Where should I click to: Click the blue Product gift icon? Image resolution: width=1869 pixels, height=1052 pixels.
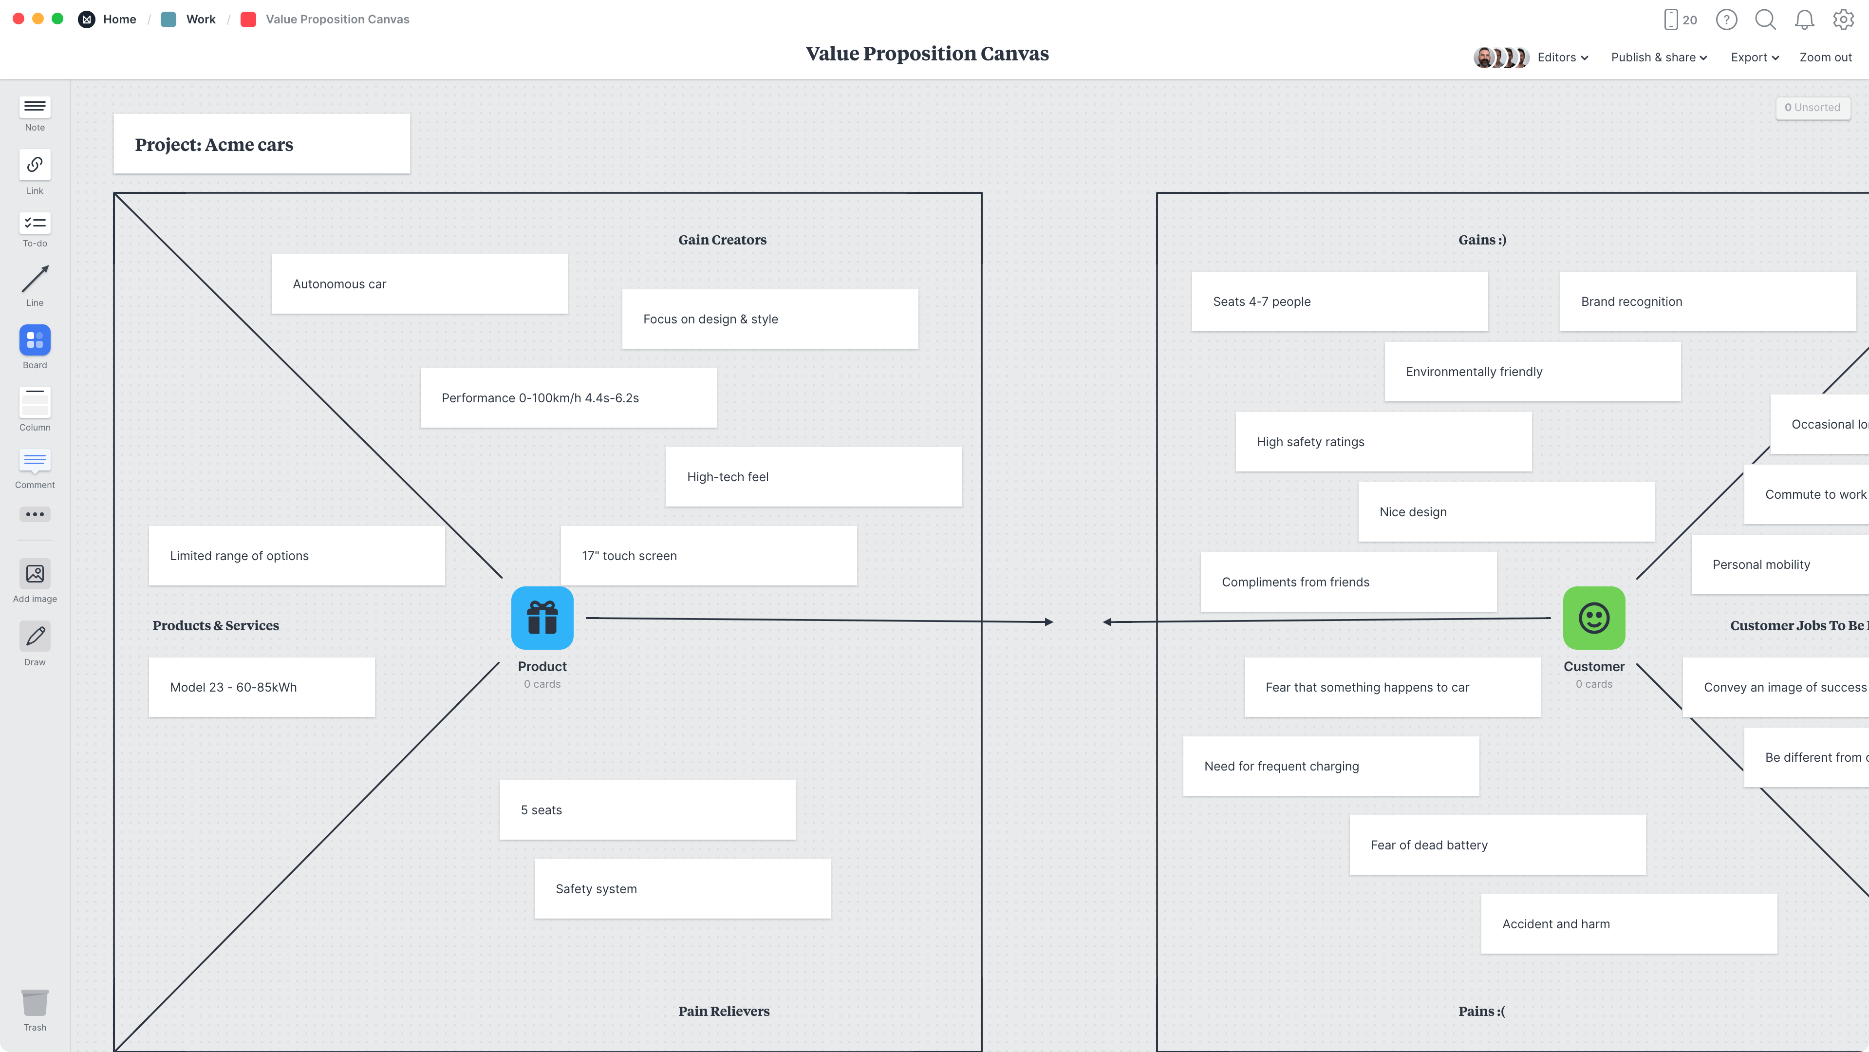coord(542,618)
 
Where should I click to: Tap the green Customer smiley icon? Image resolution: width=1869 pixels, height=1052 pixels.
coord(1593,618)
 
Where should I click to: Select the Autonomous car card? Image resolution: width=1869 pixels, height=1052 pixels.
coord(419,283)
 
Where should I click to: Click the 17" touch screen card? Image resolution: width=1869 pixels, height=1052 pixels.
coord(708,555)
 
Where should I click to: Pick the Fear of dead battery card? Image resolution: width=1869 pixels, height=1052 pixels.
coord(1497,845)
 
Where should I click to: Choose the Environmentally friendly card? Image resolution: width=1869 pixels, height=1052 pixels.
coord(1532,372)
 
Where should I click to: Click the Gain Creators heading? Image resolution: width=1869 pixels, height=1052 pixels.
coord(722,240)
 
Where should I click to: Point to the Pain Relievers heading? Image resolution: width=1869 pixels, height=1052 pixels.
coord(723,1011)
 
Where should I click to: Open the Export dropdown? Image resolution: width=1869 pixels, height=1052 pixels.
coord(1754,57)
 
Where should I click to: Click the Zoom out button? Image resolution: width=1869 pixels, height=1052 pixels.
coord(1825,57)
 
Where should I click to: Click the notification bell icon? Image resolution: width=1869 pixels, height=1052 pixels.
coord(1804,19)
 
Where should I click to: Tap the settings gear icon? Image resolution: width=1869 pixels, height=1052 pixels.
coord(1843,19)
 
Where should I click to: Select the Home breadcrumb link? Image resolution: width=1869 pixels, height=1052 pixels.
coord(119,19)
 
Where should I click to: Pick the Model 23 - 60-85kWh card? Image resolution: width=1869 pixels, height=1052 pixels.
coord(261,687)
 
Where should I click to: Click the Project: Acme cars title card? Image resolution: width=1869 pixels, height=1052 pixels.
coord(261,144)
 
